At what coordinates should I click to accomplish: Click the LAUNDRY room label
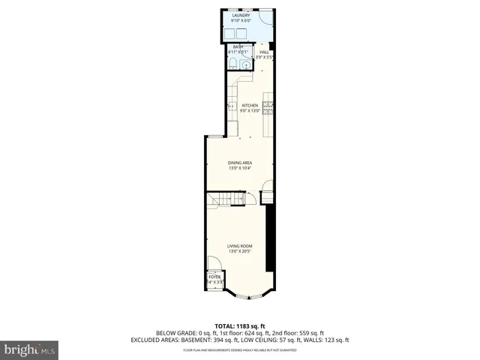point(240,14)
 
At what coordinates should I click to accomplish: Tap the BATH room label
point(238,47)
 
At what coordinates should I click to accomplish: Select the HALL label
point(264,52)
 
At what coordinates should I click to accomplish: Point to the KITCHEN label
point(250,106)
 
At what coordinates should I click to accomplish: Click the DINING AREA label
point(239,163)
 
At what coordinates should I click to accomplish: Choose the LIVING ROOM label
point(239,246)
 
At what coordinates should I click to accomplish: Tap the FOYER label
point(214,277)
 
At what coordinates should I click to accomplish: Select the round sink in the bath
point(232,64)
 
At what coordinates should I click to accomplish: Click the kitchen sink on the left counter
point(232,106)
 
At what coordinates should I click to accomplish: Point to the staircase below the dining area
point(226,199)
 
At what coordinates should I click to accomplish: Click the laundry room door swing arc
point(267,18)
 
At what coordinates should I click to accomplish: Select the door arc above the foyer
point(214,264)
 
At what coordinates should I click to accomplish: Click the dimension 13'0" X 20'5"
point(239,251)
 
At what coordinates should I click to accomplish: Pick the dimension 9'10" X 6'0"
point(240,19)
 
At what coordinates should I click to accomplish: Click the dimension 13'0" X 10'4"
point(239,168)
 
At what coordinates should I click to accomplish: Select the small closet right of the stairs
point(267,197)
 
